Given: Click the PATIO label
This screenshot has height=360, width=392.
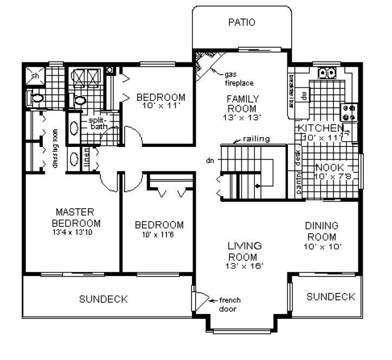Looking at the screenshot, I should [241, 22].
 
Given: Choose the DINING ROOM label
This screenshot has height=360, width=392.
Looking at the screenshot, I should [322, 230].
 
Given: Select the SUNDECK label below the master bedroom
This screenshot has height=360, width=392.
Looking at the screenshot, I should [103, 299].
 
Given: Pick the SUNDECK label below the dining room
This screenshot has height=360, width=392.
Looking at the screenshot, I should [331, 297].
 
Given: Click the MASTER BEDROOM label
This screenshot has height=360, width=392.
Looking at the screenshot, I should [76, 217].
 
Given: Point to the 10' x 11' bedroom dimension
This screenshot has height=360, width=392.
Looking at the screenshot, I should [160, 107].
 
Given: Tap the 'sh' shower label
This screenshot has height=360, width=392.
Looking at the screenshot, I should [34, 76].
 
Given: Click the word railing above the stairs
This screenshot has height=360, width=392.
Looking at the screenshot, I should [256, 139].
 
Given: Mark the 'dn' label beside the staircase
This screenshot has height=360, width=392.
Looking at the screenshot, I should [211, 160].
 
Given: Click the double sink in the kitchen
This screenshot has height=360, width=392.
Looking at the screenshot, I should [327, 72].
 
